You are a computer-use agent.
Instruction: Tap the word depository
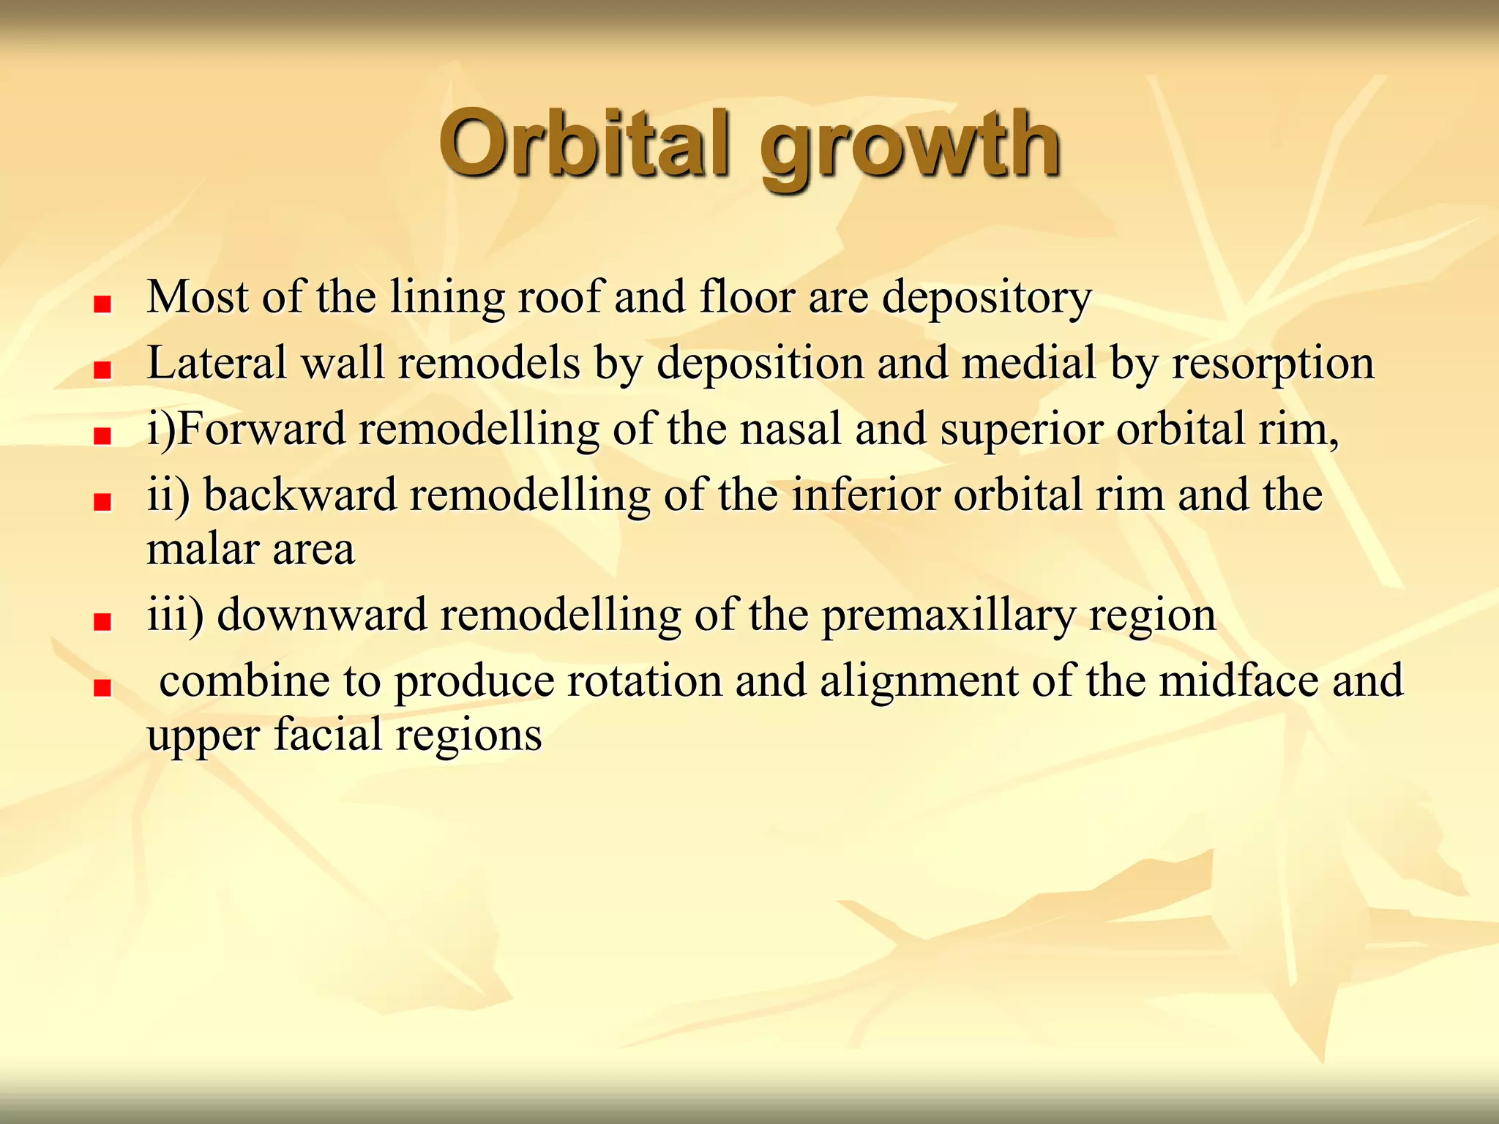[987, 299]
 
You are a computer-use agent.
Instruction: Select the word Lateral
[217, 363]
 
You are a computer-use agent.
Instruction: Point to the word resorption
[1273, 364]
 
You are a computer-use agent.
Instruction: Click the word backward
[300, 495]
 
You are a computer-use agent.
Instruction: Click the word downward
[322, 615]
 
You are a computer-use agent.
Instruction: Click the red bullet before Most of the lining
[102, 304]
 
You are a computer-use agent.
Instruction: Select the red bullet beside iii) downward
[102, 623]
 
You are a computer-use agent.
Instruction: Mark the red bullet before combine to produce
[102, 689]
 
